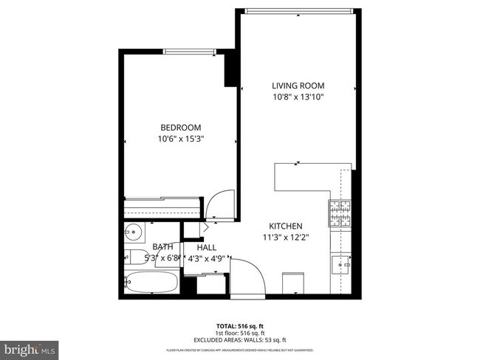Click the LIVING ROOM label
(298, 85)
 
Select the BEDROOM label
(180, 126)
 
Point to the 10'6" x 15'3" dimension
(180, 138)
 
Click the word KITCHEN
(286, 226)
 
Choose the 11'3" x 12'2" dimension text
(286, 238)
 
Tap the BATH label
(163, 247)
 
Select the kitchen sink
(341, 263)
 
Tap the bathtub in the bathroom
(152, 283)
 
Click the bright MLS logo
(30, 347)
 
